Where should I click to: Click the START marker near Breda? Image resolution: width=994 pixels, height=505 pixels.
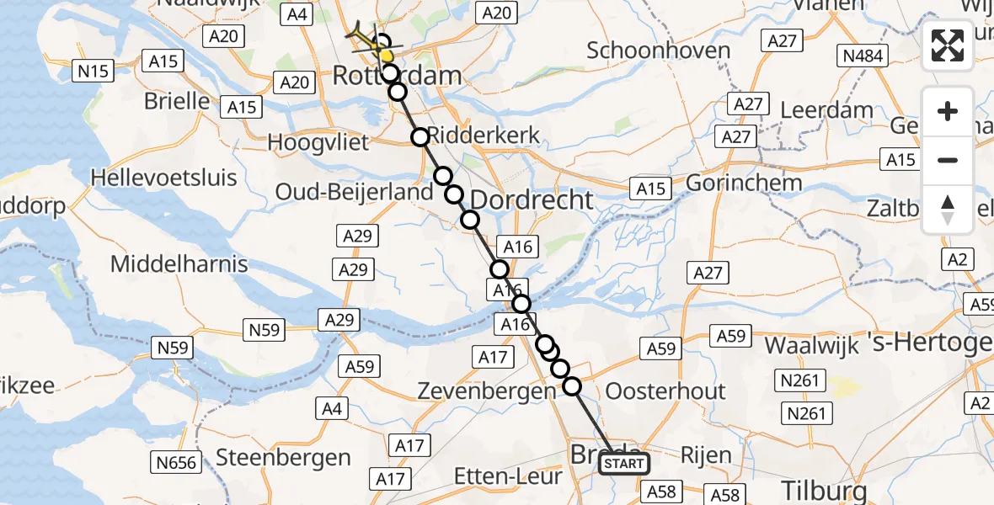click(x=624, y=464)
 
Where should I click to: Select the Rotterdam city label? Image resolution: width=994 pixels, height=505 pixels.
click(x=397, y=76)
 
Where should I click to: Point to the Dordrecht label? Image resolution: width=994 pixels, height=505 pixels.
click(x=532, y=199)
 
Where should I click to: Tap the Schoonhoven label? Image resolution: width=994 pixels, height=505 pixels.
click(x=658, y=50)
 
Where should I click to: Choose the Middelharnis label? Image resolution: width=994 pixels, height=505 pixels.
click(x=179, y=264)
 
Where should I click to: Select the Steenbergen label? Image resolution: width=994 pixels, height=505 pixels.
click(x=283, y=458)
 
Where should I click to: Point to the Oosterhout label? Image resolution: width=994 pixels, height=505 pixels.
click(x=665, y=391)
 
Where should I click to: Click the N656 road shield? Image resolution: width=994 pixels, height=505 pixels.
click(x=176, y=462)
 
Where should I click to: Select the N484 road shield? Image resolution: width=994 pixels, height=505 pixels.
click(x=861, y=56)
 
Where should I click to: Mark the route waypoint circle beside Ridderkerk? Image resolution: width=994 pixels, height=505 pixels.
click(x=420, y=136)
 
